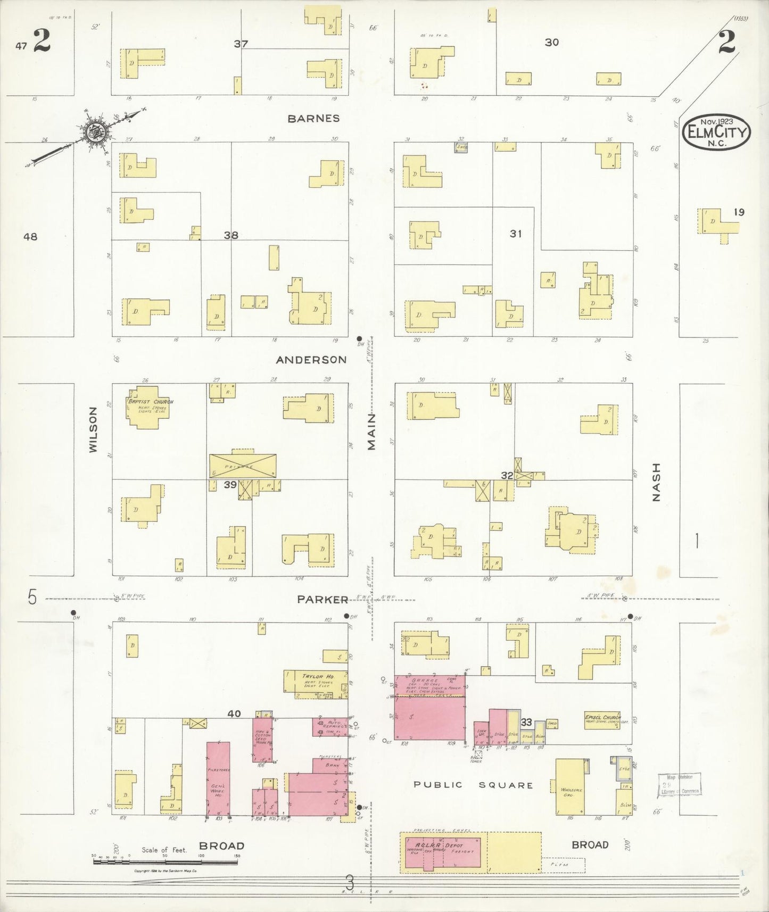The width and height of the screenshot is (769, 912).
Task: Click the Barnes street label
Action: [313, 118]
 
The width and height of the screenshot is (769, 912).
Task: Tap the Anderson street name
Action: [311, 360]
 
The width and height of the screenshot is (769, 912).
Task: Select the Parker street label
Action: [323, 599]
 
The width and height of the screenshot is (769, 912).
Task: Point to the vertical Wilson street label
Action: [94, 429]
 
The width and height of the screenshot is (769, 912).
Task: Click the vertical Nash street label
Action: [656, 482]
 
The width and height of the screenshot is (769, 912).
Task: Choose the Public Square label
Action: [473, 785]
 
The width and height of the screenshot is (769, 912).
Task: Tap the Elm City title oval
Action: [716, 131]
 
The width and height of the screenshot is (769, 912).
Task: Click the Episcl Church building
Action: [601, 721]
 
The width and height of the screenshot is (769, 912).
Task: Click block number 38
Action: [230, 235]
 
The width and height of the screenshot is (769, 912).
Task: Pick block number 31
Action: [515, 233]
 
